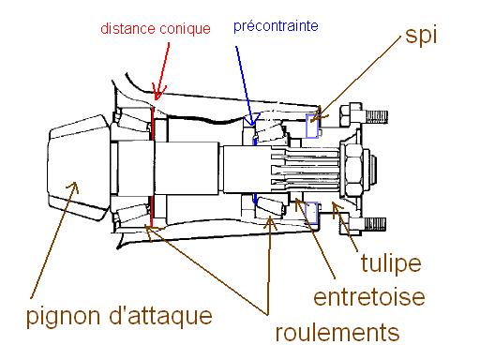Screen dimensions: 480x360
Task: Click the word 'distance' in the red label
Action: [127, 28]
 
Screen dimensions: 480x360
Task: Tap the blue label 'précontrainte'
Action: [276, 26]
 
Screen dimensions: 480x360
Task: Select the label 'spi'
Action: [421, 36]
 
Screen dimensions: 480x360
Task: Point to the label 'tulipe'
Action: [391, 263]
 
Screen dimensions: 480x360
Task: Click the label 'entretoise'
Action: [369, 297]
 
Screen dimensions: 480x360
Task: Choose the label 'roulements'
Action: [337, 332]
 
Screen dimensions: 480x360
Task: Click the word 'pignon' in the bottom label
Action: [65, 317]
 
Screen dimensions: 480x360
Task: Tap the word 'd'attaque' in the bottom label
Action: [161, 316]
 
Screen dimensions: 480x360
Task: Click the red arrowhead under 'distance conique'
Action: [157, 93]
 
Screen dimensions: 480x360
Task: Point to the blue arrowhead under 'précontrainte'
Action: [251, 120]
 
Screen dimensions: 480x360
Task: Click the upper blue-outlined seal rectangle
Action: [312, 127]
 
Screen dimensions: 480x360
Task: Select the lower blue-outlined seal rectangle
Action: [311, 213]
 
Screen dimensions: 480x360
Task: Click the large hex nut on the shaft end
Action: [354, 170]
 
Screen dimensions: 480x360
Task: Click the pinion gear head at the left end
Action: [78, 168]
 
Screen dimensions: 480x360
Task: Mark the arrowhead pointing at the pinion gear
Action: [73, 187]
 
